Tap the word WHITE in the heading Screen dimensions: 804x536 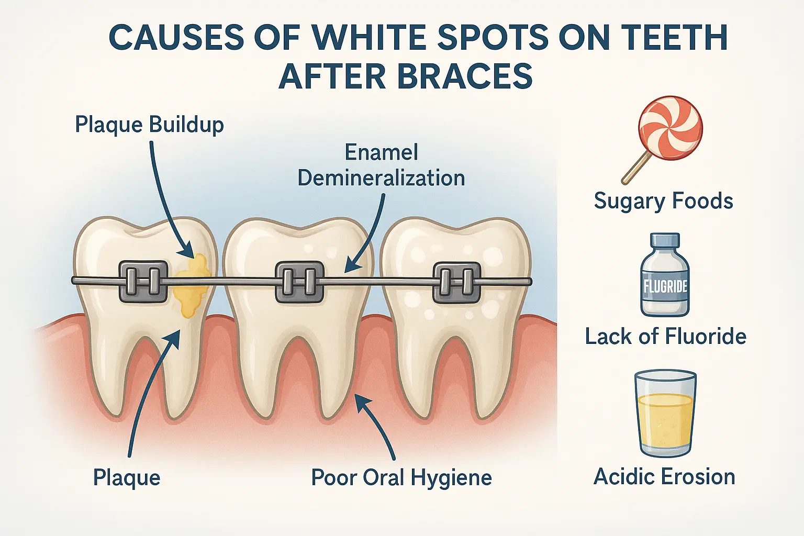click(363, 37)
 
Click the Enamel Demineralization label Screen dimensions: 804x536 click(381, 165)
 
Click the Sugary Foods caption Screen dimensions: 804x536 click(663, 200)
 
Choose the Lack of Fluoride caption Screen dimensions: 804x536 click(666, 337)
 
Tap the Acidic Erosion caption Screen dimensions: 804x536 click(664, 477)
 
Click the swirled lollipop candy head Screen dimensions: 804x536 click(670, 128)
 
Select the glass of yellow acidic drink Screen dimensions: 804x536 click(665, 414)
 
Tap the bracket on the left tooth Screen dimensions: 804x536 click(143, 281)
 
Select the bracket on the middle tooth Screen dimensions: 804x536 click(300, 282)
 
